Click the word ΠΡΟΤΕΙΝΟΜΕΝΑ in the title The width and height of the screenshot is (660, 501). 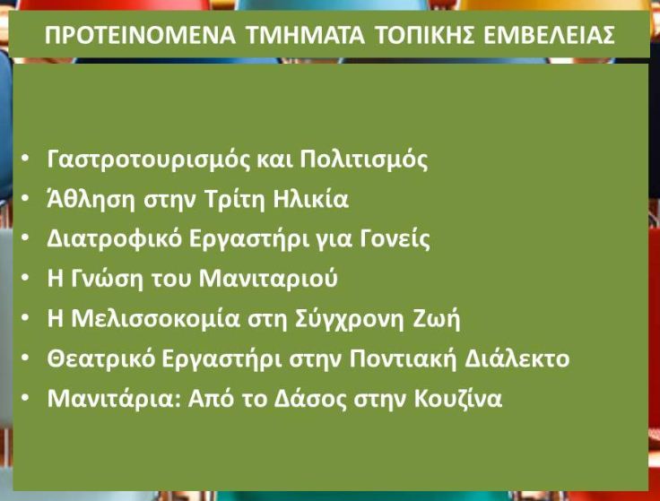click(140, 35)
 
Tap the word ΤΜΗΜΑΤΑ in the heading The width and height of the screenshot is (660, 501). click(305, 35)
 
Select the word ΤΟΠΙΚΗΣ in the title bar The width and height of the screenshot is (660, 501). click(424, 35)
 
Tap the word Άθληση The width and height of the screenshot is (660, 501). click(91, 199)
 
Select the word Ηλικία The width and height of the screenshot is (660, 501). click(310, 199)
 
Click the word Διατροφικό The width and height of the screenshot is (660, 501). click(114, 239)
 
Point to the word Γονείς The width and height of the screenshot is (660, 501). click(395, 239)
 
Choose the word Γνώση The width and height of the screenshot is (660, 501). click(107, 279)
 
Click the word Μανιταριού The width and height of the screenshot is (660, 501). click(268, 279)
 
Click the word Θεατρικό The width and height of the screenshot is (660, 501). click(101, 359)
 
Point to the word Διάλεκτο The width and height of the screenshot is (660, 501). click(517, 358)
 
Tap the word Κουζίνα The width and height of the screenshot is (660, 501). click(458, 398)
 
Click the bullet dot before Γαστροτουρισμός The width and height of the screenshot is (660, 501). click(25, 158)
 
